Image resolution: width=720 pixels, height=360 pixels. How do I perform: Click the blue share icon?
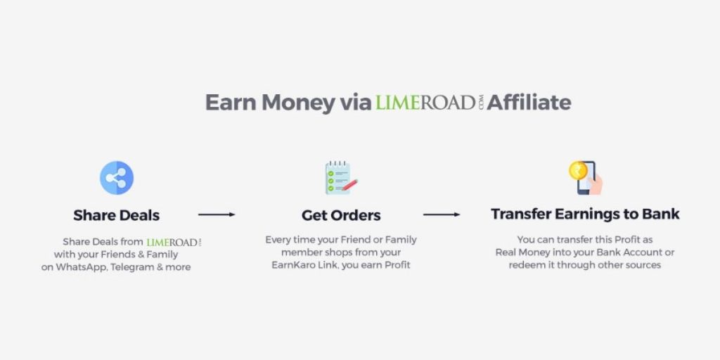tap(117, 178)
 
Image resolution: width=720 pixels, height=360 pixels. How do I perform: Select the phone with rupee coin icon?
tap(586, 178)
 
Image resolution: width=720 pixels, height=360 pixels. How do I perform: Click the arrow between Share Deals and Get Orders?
tap(217, 214)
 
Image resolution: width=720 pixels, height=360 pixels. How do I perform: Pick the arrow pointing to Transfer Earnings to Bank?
tap(442, 214)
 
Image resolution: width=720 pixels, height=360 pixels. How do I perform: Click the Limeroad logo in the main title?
tap(430, 103)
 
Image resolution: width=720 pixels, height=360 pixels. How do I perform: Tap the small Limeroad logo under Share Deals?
tap(174, 242)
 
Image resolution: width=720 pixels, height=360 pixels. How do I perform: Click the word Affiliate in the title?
tap(529, 102)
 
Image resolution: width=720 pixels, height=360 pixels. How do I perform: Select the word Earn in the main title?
tap(231, 103)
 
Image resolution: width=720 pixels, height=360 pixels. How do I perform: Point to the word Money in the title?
tap(298, 103)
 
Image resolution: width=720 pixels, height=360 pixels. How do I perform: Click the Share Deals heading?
tap(117, 215)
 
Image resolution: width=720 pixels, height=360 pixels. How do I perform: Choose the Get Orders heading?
tap(341, 215)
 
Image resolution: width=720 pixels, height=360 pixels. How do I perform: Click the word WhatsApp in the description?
tap(82, 266)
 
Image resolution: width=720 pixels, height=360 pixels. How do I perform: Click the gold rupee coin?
tap(578, 170)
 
